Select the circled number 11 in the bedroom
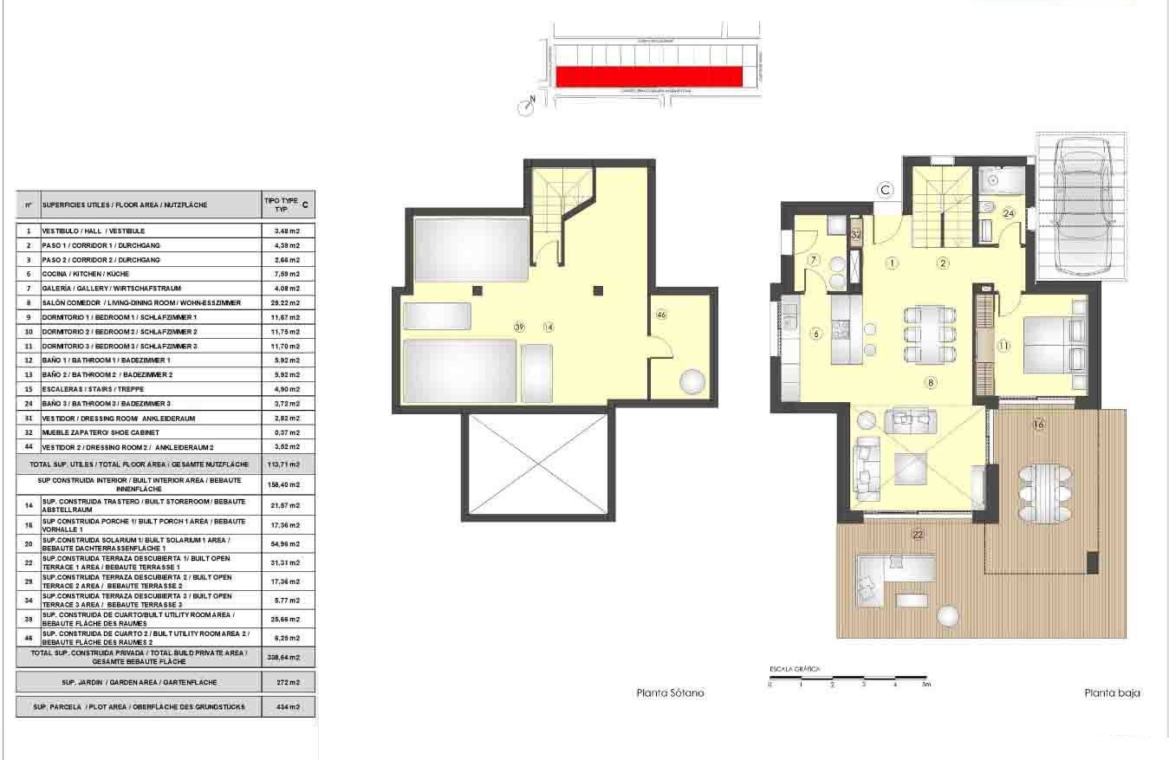click(1003, 346)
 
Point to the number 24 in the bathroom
click(1009, 212)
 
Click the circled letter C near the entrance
click(885, 190)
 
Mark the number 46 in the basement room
click(662, 314)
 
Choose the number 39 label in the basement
click(520, 327)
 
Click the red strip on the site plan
click(648, 77)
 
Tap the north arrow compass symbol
click(527, 107)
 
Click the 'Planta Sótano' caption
click(670, 693)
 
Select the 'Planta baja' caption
click(1112, 693)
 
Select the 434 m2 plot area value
click(289, 707)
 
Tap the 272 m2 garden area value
click(289, 682)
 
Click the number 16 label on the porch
click(1039, 425)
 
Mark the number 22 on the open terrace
click(918, 535)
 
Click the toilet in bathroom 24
click(989, 208)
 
